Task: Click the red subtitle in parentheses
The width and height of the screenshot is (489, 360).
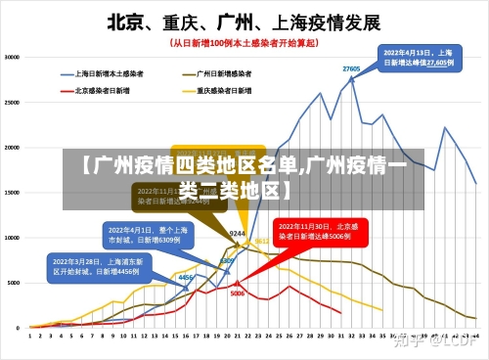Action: pyautogui.click(x=244, y=43)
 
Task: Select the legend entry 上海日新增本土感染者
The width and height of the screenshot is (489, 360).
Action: pyautogui.click(x=109, y=72)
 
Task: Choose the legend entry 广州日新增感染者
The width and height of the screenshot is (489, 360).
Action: pyautogui.click(x=224, y=72)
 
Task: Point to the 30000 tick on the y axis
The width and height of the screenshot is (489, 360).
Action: pyautogui.click(x=14, y=57)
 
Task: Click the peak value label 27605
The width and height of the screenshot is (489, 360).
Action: pyautogui.click(x=351, y=68)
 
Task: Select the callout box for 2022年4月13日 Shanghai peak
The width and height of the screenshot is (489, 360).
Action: pyautogui.click(x=418, y=57)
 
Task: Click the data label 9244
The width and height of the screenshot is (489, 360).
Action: pyautogui.click(x=237, y=234)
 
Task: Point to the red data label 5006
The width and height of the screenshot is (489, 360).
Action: pyautogui.click(x=238, y=292)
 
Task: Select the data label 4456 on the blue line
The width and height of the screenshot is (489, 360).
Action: pyautogui.click(x=184, y=278)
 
